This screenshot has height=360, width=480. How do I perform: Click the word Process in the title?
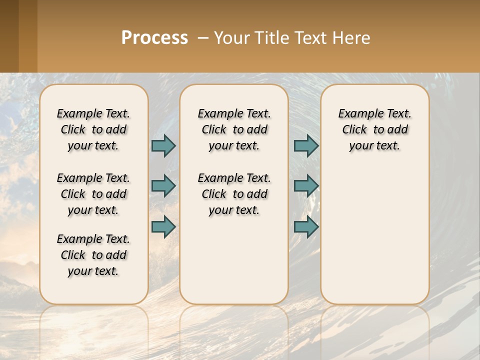[x=154, y=38]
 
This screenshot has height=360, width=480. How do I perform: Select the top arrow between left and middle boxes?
[x=163, y=145]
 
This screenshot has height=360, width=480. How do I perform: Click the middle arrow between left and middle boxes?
[x=163, y=186]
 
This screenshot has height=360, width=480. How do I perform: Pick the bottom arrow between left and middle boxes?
[x=163, y=227]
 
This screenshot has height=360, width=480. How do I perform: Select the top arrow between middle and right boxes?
[x=306, y=145]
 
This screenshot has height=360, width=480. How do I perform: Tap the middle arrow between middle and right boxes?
[x=306, y=186]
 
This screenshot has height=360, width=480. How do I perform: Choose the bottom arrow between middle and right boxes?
[x=306, y=227]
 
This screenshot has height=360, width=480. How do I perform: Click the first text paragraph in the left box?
[x=93, y=129]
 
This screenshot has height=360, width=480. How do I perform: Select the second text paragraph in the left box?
[x=93, y=194]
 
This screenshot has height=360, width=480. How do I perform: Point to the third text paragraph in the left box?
[x=93, y=255]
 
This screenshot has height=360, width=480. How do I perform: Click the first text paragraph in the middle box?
[x=234, y=129]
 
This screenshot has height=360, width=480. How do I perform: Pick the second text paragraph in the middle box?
[x=234, y=194]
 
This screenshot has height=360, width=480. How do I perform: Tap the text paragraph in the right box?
[x=374, y=129]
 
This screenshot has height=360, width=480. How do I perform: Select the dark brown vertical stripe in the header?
[x=9, y=36]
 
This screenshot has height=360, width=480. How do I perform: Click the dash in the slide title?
[x=202, y=38]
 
